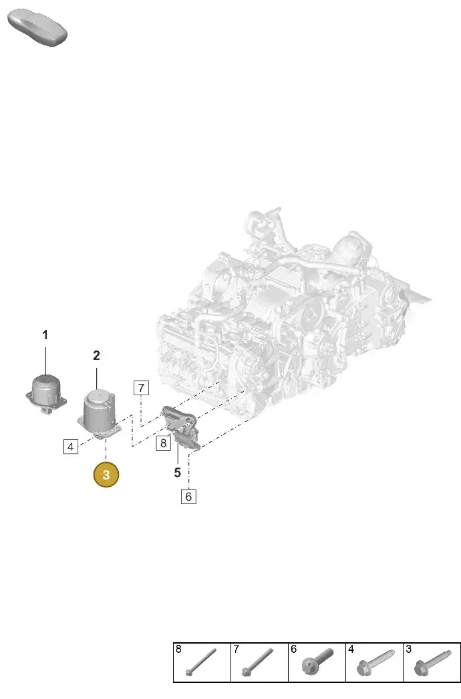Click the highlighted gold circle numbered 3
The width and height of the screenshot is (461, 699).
point(106,474)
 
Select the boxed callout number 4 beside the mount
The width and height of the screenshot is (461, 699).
point(71,446)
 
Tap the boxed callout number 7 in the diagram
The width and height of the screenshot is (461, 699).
point(141,388)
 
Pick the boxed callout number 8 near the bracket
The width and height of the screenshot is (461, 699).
point(163,443)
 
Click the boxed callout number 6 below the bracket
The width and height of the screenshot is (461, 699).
point(188,496)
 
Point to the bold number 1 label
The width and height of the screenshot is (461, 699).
point(45,334)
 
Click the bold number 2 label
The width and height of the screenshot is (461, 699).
point(96,355)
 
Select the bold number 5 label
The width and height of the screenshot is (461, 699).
point(177,473)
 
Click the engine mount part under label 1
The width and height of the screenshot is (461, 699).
point(46,394)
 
